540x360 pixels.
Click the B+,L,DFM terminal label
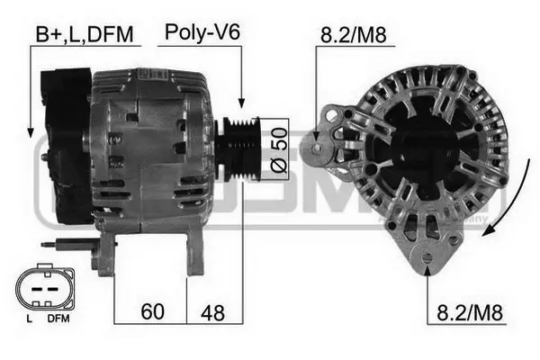(x=84, y=34)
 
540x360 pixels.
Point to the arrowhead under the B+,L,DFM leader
(x=30, y=131)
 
